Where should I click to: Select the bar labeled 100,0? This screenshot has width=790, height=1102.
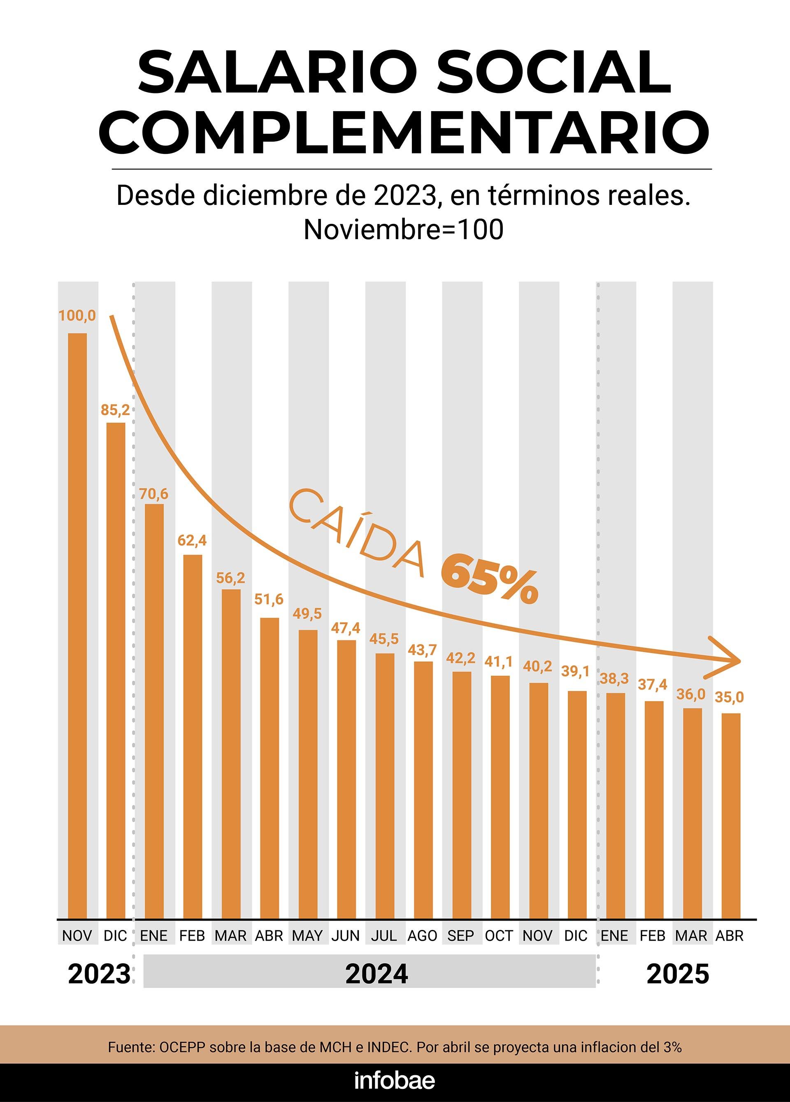77,626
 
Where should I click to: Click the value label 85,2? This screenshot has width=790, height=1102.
116,411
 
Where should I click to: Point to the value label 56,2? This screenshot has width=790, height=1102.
231,578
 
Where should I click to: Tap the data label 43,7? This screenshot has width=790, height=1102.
422,650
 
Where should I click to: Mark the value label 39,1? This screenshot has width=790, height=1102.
575,672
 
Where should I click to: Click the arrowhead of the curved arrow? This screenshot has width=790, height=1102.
729,661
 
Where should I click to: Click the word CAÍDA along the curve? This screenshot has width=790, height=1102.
357,533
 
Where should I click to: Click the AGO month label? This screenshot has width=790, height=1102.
422,936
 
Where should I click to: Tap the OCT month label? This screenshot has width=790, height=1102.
499,936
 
